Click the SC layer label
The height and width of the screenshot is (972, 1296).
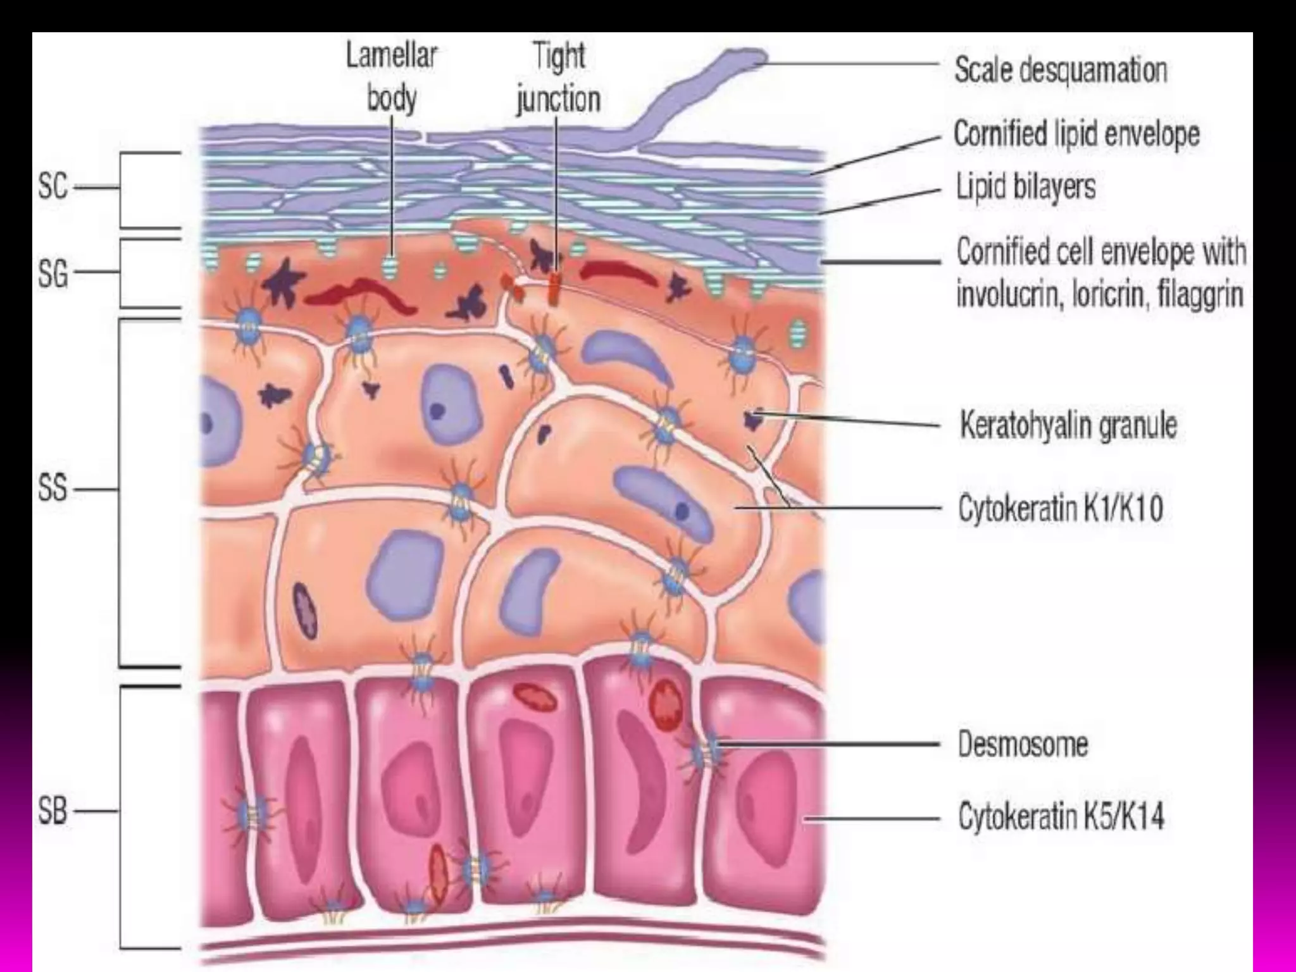(x=53, y=187)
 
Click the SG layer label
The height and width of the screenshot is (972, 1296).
(x=53, y=273)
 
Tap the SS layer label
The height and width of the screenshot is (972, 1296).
(x=53, y=489)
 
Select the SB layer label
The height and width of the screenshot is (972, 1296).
(x=53, y=811)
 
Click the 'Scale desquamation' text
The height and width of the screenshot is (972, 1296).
(x=1061, y=70)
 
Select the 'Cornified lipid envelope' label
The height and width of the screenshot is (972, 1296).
(x=1076, y=134)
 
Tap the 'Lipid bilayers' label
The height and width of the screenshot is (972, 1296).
(x=1025, y=187)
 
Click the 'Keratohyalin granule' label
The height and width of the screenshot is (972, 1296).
(x=1068, y=425)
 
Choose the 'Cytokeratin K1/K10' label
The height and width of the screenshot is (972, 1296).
(x=1061, y=508)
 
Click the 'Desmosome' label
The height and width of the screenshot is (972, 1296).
(x=1023, y=744)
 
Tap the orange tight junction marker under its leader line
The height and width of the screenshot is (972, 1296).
(x=555, y=288)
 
